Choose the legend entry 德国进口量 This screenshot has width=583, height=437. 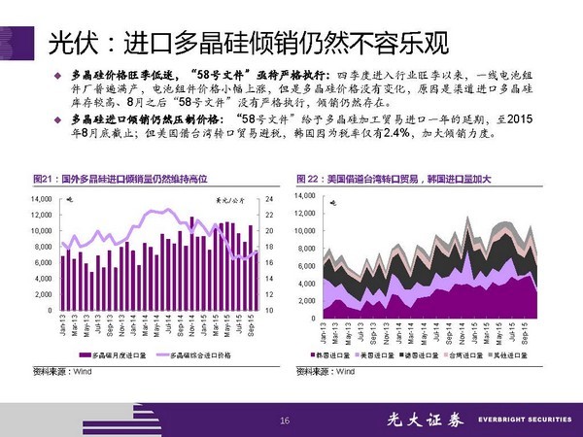(x=431, y=356)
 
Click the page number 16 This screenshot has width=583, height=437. (x=285, y=420)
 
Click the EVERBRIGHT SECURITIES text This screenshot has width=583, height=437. (x=519, y=420)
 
